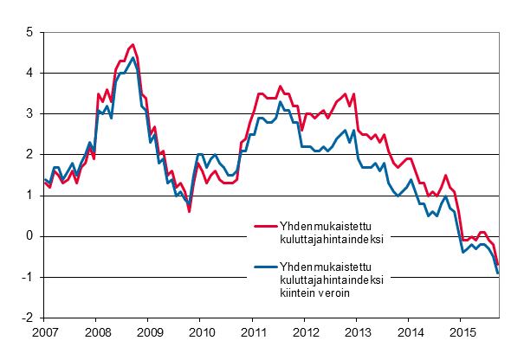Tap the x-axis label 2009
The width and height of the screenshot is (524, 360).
click(x=149, y=332)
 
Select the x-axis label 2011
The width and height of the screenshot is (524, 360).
click(x=253, y=332)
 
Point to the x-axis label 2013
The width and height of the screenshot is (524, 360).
click(x=358, y=332)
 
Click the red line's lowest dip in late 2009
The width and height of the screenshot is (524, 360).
click(x=190, y=211)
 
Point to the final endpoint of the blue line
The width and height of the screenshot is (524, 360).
click(x=498, y=273)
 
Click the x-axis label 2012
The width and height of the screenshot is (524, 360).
click(x=306, y=332)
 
